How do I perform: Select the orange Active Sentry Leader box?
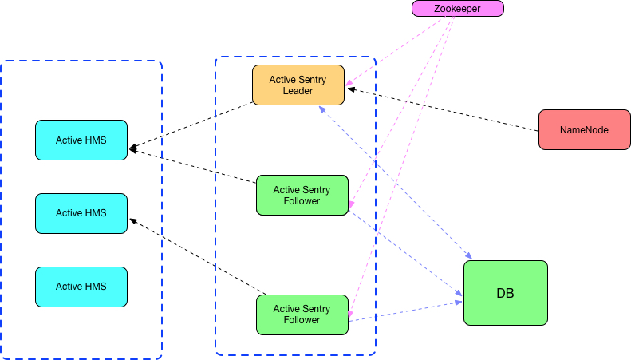pyautogui.click(x=298, y=85)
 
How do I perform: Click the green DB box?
pyautogui.click(x=505, y=293)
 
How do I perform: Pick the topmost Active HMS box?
pyautogui.click(x=81, y=140)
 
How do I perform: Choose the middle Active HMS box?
pyautogui.click(x=81, y=213)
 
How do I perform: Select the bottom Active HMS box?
pyautogui.click(x=81, y=287)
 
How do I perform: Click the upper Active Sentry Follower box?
pyautogui.click(x=302, y=196)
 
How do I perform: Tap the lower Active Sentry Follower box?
pyautogui.click(x=302, y=315)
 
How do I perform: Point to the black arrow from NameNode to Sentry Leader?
pyautogui.click(x=443, y=109)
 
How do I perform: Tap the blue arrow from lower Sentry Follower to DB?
pyautogui.click(x=407, y=311)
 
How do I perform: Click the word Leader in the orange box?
pyautogui.click(x=298, y=91)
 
